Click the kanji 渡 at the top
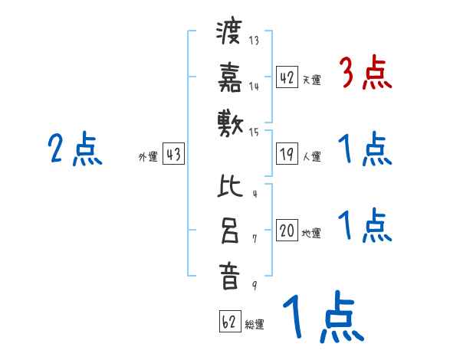coord(229,34)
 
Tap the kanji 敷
coord(229,123)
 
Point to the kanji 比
coord(229,186)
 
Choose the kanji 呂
coord(229,231)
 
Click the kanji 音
coord(229,277)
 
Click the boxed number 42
coord(287,77)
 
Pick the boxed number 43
coord(173,154)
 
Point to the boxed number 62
coord(229,321)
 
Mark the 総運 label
coord(255,325)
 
